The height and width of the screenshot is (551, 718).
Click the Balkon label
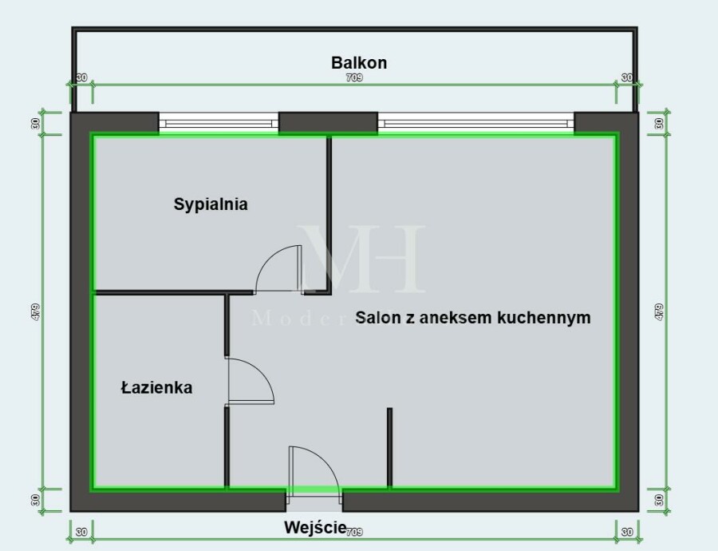click(x=358, y=62)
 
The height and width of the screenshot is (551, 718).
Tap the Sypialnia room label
click(x=211, y=204)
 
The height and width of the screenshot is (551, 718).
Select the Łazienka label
click(x=156, y=388)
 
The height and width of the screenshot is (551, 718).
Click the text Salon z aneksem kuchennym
click(x=473, y=318)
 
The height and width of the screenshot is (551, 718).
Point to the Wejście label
click(x=314, y=527)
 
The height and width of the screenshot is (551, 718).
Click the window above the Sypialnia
click(x=218, y=123)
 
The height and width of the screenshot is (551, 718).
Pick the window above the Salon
click(x=475, y=123)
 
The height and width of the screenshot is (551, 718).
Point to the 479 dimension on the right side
click(x=658, y=311)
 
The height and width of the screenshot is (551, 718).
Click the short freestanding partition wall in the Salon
click(x=389, y=447)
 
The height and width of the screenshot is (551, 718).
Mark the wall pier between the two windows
click(x=328, y=123)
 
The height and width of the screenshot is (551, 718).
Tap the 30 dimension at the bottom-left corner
click(x=81, y=531)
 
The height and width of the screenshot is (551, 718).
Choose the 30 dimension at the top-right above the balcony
click(x=627, y=78)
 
